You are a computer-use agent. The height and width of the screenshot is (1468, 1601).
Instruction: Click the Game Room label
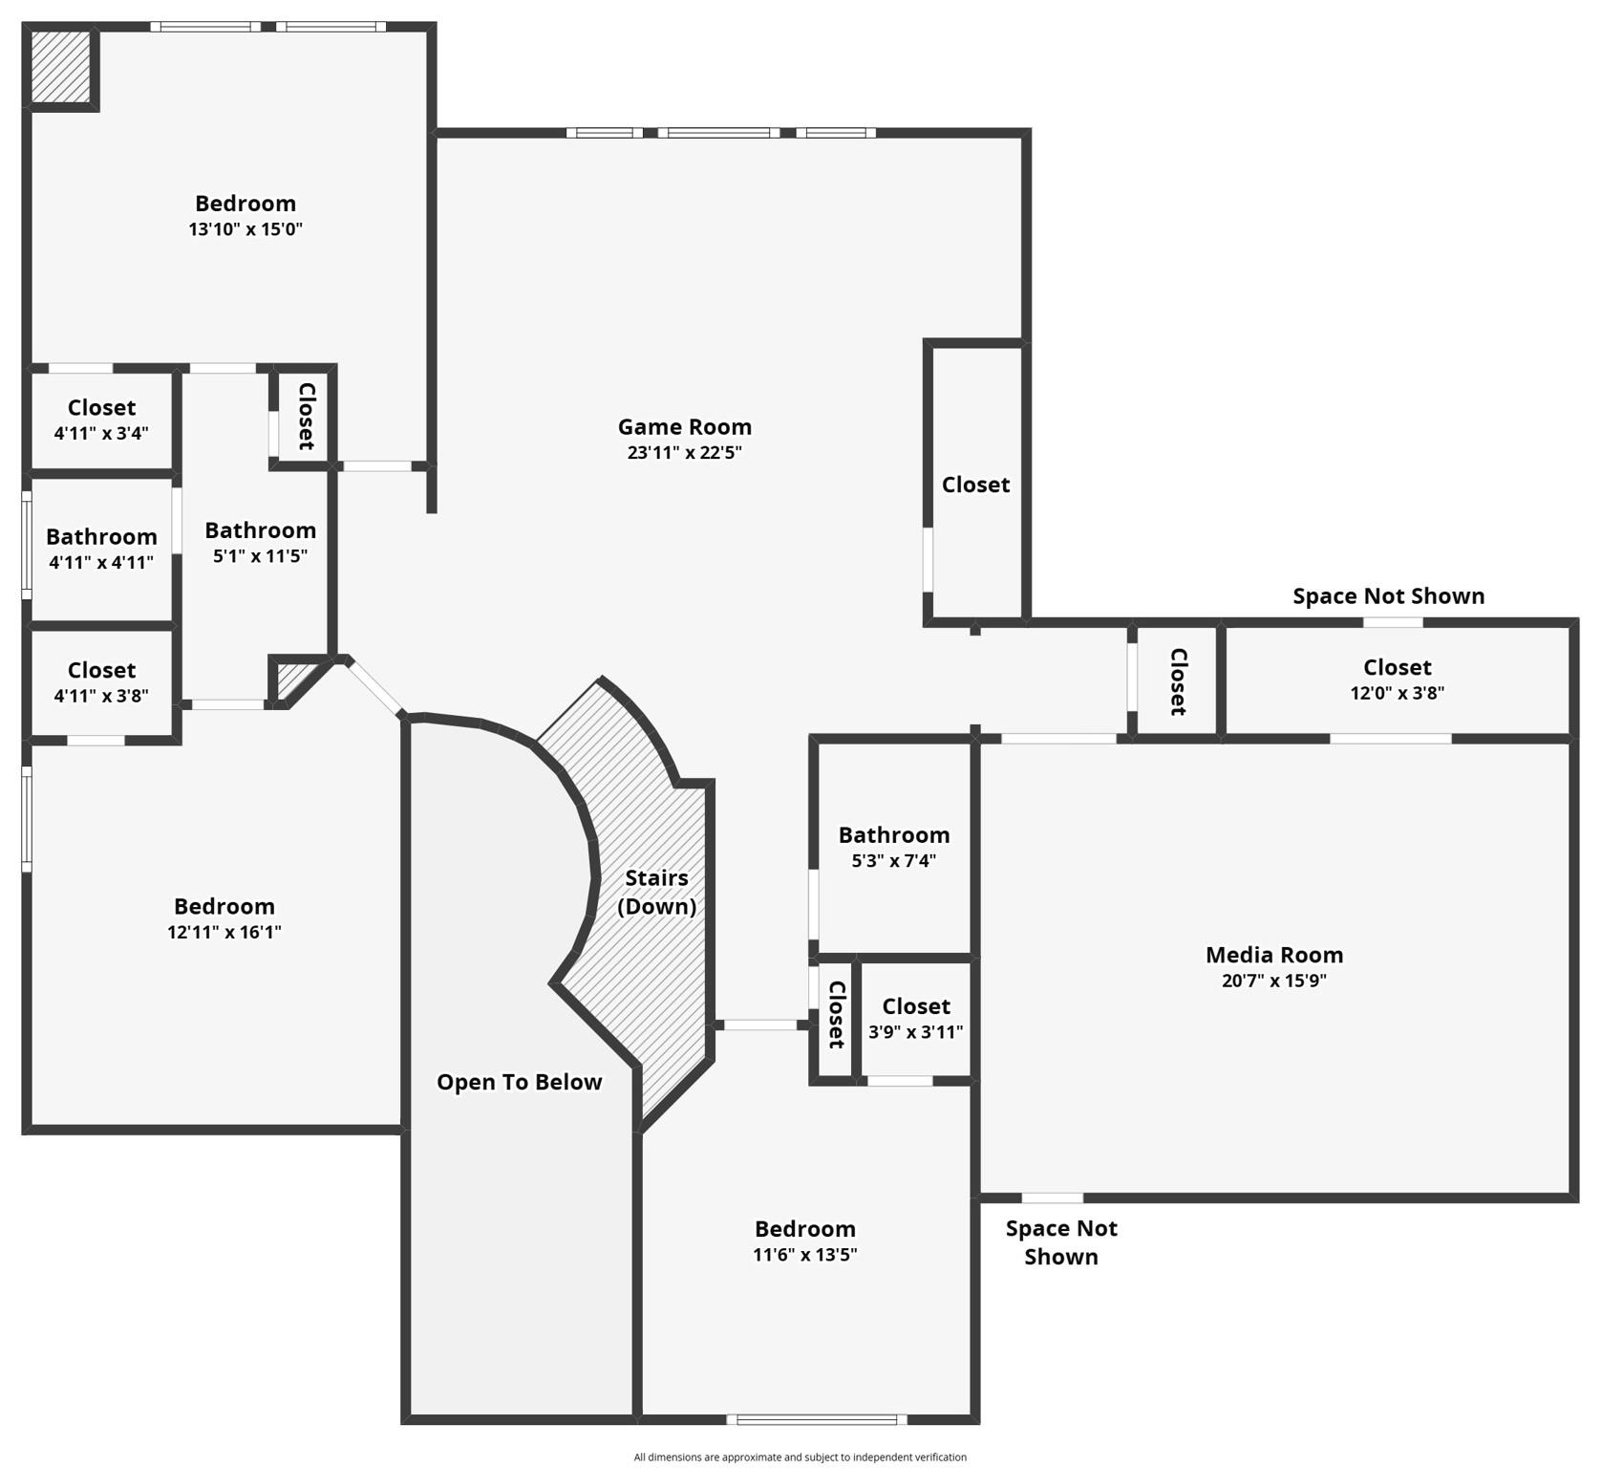click(x=684, y=427)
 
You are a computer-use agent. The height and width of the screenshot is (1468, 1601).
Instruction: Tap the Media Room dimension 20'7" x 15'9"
click(x=1273, y=981)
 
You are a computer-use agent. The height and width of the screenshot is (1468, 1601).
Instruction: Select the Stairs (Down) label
click(x=656, y=892)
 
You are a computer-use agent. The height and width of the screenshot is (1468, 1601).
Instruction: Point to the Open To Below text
click(x=519, y=1082)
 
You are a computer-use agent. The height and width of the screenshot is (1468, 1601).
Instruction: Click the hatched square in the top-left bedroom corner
click(x=61, y=66)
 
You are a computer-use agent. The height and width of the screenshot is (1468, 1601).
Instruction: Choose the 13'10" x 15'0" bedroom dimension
click(x=245, y=229)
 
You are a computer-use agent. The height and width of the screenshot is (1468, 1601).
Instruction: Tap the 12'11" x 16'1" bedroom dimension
click(x=224, y=933)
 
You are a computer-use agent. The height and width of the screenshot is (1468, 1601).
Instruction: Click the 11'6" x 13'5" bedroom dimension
click(x=804, y=1255)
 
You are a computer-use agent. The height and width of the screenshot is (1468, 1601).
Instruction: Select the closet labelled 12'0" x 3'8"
click(x=1397, y=680)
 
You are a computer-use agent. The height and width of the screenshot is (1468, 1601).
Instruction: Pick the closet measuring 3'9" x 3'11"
click(x=915, y=1019)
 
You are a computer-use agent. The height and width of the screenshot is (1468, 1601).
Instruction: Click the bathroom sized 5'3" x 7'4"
click(x=893, y=847)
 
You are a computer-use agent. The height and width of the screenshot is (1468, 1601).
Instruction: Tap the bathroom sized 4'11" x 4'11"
click(x=101, y=549)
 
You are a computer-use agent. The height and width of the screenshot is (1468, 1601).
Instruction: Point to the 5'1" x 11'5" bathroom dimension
click(x=260, y=556)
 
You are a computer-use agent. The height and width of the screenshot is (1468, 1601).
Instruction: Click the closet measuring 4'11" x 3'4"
click(x=101, y=420)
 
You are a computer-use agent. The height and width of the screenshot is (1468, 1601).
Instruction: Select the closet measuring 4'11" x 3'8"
click(x=101, y=682)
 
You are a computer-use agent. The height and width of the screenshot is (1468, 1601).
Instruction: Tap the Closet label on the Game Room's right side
click(x=975, y=485)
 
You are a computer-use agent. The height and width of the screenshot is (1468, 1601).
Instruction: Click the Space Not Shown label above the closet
click(x=1388, y=596)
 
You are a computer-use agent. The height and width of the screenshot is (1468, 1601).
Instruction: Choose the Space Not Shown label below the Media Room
click(x=1060, y=1242)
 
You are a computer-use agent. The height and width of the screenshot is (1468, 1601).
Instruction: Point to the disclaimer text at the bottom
click(x=800, y=1457)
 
